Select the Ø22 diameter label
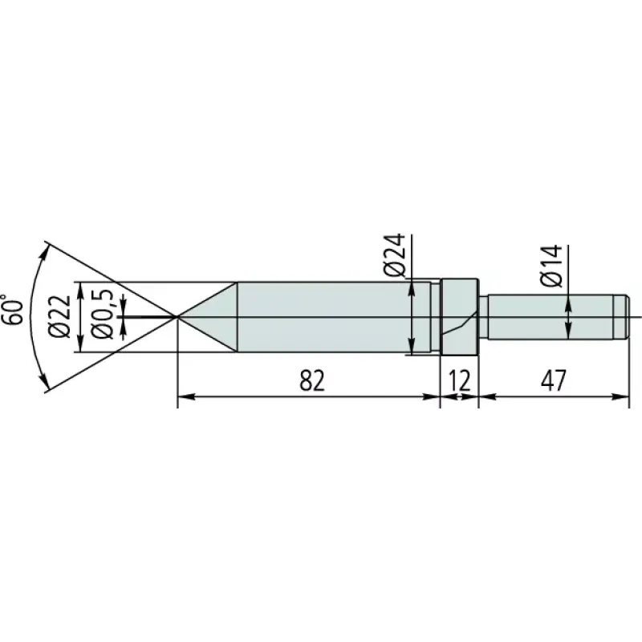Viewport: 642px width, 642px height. pyautogui.click(x=59, y=316)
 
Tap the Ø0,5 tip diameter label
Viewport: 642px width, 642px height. pyautogui.click(x=101, y=314)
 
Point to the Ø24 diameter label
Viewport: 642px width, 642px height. pyautogui.click(x=395, y=255)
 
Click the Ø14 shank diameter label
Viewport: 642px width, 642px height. pyautogui.click(x=551, y=266)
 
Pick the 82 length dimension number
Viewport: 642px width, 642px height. pyautogui.click(x=312, y=380)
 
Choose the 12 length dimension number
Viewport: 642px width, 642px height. pyautogui.click(x=460, y=380)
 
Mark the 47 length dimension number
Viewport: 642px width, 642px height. pyautogui.click(x=554, y=380)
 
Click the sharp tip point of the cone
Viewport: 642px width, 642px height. pyautogui.click(x=177, y=316)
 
